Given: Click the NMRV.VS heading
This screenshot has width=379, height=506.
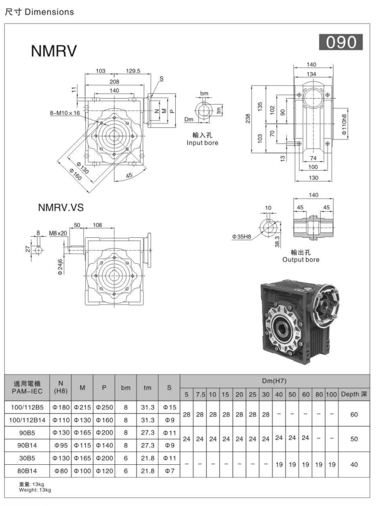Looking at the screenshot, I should point(61,207).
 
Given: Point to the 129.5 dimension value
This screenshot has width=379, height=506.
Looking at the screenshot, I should point(133,71).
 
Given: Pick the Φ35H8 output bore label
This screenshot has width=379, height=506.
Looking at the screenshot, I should point(242,237).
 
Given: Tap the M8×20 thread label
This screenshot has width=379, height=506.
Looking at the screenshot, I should point(58,233).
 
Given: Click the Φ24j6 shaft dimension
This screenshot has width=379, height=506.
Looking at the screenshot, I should point(61,267).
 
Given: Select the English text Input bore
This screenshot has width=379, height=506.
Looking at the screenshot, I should point(202,143).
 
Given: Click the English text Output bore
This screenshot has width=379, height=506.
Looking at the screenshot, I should point(301,260).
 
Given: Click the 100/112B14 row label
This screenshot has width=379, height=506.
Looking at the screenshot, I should point(27,419).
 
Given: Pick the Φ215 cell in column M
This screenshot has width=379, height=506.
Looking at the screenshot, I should point(82,407).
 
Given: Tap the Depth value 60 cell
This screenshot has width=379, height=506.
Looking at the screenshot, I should point(354,414).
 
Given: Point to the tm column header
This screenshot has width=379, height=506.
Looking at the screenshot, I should point(147,388).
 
